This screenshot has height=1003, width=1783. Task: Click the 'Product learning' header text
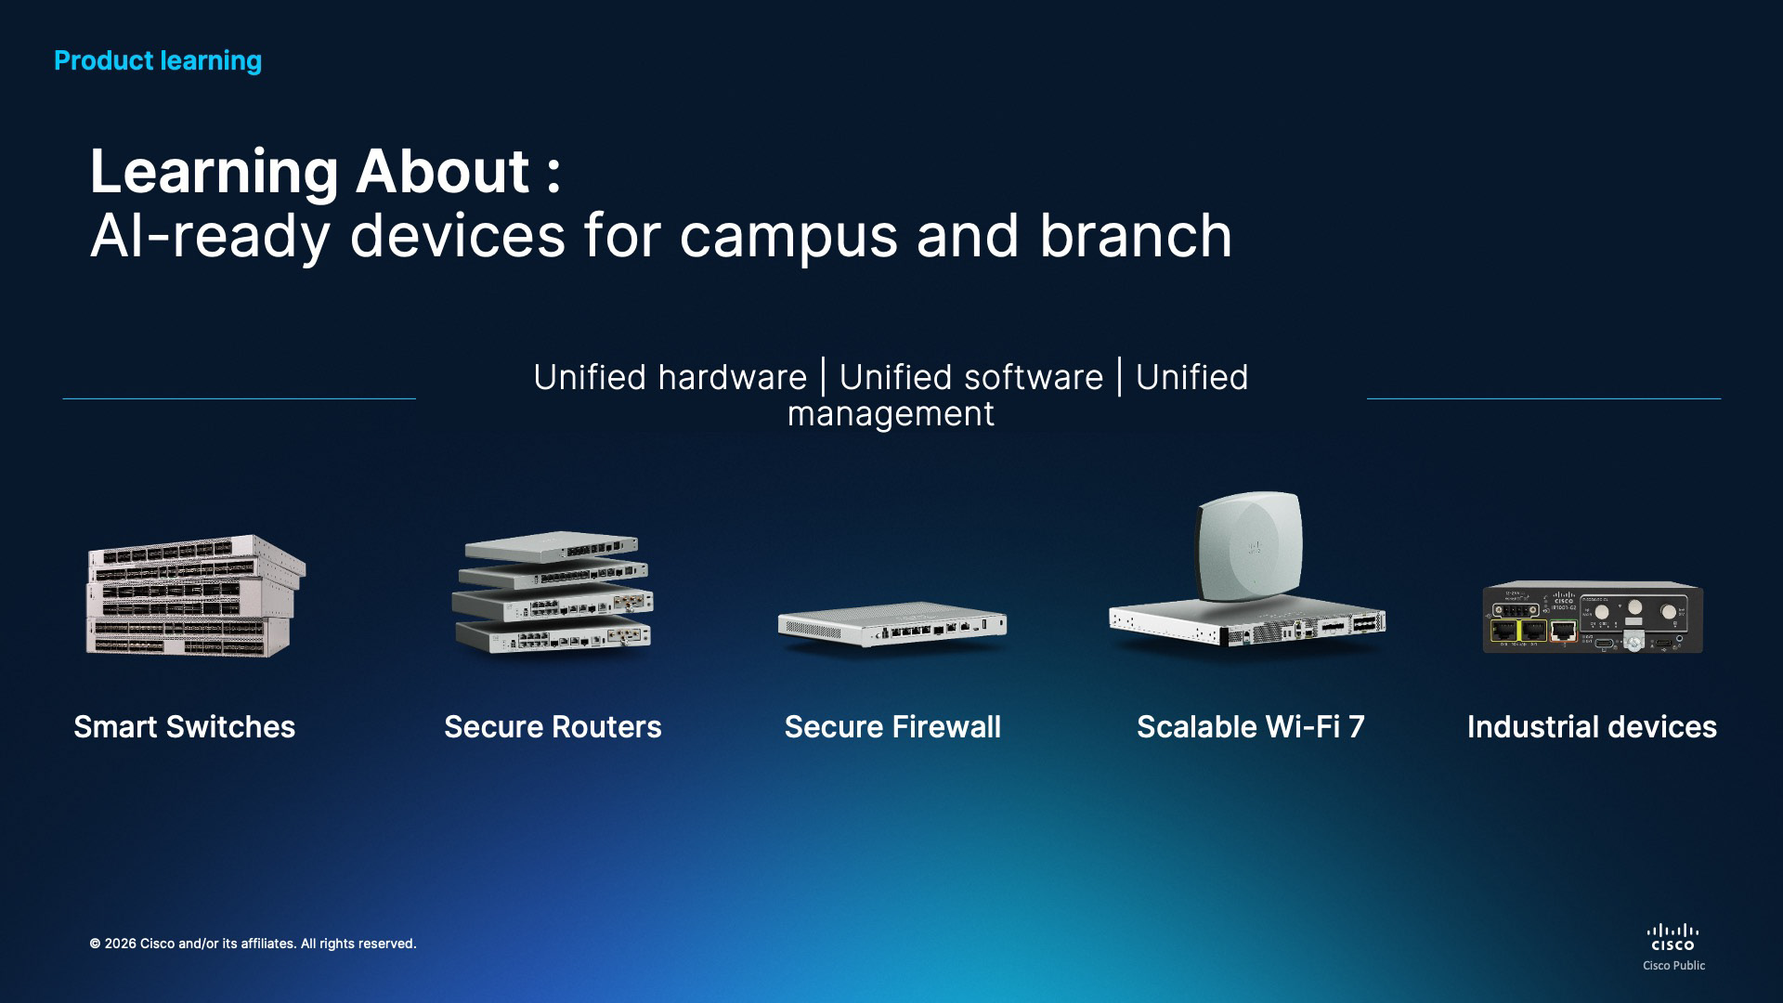(x=158, y=61)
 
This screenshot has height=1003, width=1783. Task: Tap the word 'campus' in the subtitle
(x=788, y=238)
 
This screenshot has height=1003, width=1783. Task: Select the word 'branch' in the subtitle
(x=1135, y=234)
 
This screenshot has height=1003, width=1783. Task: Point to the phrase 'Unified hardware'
(x=670, y=377)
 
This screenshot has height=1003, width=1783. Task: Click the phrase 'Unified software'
(x=971, y=377)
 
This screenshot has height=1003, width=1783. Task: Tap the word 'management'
(x=891, y=414)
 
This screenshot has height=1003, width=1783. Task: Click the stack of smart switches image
(x=196, y=595)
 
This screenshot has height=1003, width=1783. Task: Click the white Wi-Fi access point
(x=1249, y=546)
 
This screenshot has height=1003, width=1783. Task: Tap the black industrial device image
(x=1593, y=618)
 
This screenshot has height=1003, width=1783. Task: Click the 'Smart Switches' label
(x=185, y=726)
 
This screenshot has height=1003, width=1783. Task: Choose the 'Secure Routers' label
(x=553, y=726)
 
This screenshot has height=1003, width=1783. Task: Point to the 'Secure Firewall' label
(x=892, y=726)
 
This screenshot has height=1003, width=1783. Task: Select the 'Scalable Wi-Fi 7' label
(x=1251, y=726)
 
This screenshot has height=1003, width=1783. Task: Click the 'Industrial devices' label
(x=1592, y=726)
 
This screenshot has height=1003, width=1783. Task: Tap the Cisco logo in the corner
(x=1673, y=937)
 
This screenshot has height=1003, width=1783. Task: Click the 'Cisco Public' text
(x=1673, y=966)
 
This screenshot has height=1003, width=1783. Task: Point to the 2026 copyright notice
(x=253, y=944)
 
